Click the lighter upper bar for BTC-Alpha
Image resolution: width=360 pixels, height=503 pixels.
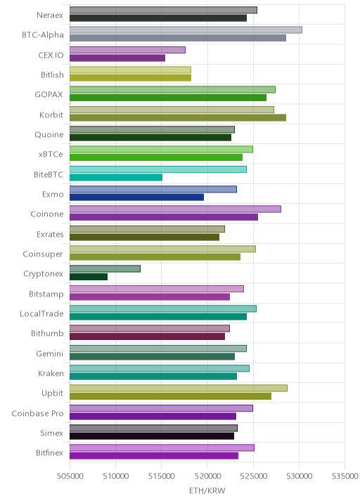[186, 30]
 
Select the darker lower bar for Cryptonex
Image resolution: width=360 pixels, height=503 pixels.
[89, 277]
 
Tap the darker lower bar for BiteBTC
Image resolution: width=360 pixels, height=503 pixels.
[116, 178]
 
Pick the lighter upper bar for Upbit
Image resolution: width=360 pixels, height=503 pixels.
[179, 388]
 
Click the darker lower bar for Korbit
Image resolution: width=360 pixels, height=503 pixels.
[178, 118]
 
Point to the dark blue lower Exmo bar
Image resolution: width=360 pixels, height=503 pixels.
[137, 197]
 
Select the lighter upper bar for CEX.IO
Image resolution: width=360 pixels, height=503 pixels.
[127, 50]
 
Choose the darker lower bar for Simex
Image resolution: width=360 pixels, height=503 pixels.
[152, 436]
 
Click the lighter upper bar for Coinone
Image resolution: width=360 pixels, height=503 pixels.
[175, 209]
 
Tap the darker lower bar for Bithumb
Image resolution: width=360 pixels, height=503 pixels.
[148, 337]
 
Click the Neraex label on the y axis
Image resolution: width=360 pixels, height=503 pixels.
[50, 15]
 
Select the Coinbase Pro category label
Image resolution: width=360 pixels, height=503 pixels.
[37, 414]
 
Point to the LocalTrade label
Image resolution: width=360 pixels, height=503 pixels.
[41, 314]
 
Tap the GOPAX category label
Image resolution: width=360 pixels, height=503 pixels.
[49, 95]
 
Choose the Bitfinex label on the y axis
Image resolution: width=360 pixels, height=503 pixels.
[49, 453]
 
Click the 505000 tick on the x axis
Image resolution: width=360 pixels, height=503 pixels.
[70, 476]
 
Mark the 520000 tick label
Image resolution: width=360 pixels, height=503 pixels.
[207, 476]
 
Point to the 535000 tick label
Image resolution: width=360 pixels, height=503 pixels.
[345, 476]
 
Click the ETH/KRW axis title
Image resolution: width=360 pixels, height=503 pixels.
[207, 491]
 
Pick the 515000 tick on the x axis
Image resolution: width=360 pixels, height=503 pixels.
[162, 476]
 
